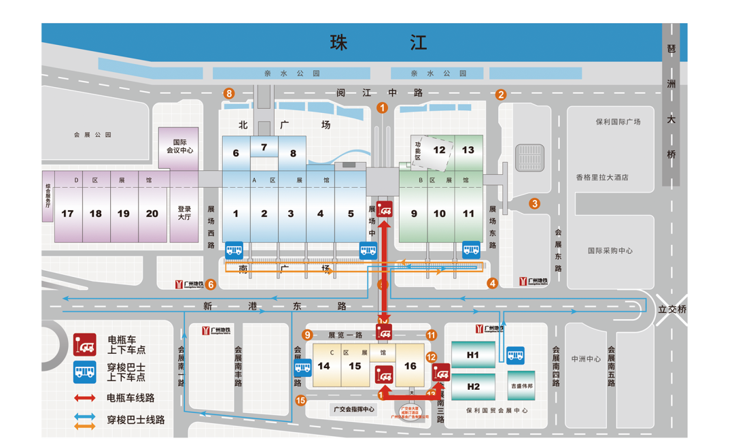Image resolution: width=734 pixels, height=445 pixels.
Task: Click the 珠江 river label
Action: (x=378, y=43)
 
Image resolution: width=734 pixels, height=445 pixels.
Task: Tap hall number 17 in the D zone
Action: (x=67, y=214)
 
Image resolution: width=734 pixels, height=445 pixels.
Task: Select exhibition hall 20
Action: (x=152, y=214)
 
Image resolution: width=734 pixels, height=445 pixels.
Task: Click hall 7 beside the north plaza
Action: (x=264, y=147)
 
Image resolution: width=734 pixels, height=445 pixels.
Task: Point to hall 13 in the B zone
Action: (x=468, y=150)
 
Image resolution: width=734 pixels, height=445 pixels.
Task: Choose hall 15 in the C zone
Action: (x=355, y=366)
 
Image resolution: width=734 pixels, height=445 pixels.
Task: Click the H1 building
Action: (x=473, y=355)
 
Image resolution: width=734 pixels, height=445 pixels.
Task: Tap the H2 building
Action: (x=473, y=386)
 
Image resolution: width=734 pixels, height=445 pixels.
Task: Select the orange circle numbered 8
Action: (x=230, y=94)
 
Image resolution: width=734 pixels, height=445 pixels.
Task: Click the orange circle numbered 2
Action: (x=501, y=95)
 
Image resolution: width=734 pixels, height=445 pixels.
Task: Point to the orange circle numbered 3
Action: (x=535, y=203)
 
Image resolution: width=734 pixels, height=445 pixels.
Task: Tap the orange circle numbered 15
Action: (x=301, y=400)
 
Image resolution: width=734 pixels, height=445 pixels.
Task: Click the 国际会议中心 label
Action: (x=179, y=145)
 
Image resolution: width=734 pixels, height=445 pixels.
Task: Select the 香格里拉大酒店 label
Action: (x=602, y=178)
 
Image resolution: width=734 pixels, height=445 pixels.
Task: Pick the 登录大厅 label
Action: (x=185, y=214)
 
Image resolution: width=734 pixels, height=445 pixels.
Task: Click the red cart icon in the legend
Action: (x=85, y=345)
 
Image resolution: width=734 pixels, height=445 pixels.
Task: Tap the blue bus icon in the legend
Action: (x=85, y=372)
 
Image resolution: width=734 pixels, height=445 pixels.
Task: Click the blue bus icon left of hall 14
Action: (x=302, y=369)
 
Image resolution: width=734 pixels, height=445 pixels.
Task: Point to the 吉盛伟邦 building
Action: (x=522, y=385)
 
